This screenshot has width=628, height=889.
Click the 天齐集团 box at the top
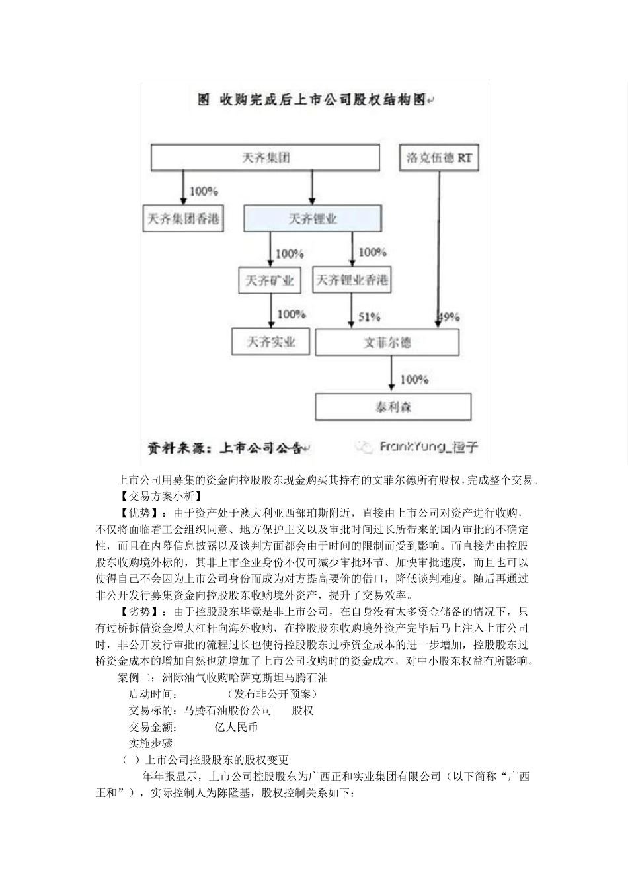tap(266, 158)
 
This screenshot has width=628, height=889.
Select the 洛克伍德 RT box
tap(439, 158)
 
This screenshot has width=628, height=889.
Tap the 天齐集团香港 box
tap(183, 218)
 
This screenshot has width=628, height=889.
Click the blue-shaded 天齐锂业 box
tap(313, 218)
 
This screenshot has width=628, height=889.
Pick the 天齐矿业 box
tap(269, 280)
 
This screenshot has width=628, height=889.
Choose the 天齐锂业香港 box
tap(351, 280)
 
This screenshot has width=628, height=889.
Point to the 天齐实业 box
tap(271, 342)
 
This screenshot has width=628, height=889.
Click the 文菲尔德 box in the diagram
tap(387, 342)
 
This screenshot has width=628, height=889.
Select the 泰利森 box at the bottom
tap(393, 407)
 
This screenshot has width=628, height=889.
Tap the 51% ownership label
tap(369, 317)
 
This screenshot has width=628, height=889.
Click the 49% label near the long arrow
tap(450, 317)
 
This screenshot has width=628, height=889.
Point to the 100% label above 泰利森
tap(414, 379)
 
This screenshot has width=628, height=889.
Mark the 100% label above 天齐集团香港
tap(204, 191)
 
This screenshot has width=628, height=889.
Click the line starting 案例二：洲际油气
tap(222, 677)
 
